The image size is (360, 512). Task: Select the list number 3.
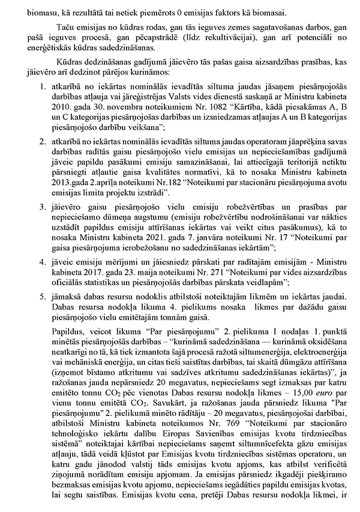click(x=40, y=207)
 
